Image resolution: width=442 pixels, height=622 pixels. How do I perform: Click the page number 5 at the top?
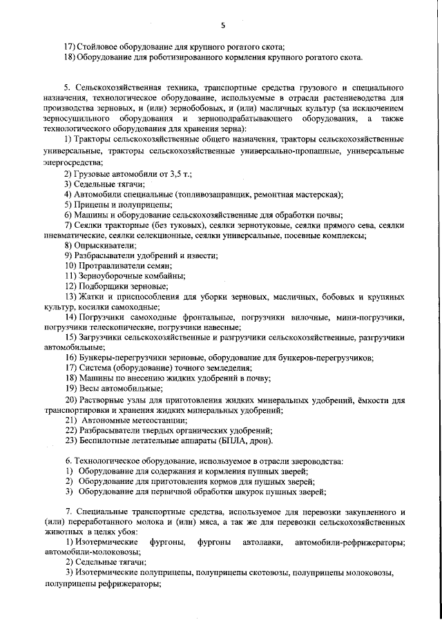[x=222, y=26]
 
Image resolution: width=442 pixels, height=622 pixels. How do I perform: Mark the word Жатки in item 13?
[x=93, y=297]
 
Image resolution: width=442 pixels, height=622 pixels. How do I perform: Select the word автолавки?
[x=256, y=543]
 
